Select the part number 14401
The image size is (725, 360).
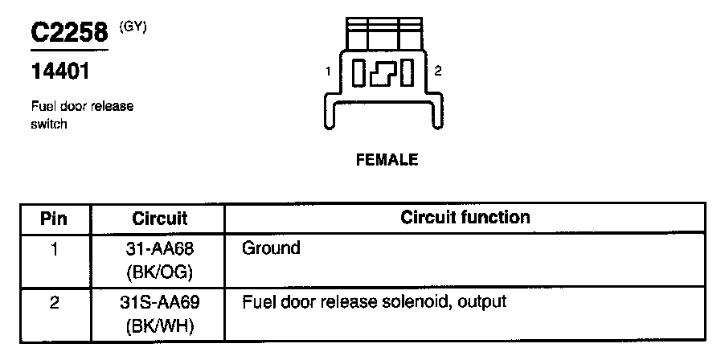60,72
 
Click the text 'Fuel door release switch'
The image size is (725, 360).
81,115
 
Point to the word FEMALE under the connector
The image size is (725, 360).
387,160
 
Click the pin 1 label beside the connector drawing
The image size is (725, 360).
329,72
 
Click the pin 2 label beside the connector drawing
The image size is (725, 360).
437,72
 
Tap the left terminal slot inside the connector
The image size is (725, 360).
359,73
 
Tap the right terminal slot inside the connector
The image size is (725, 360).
407,73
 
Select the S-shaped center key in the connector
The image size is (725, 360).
383,73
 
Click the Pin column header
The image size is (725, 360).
54,219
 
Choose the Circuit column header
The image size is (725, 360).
159,219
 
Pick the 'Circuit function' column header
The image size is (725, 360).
465,218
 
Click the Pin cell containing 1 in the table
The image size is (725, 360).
54,249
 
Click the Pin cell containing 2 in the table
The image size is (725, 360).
54,304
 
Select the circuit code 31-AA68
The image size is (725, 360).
159,249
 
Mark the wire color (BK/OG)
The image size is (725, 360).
159,273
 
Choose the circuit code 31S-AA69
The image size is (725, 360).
159,304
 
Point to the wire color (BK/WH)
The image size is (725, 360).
159,328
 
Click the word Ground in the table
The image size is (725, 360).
271,248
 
